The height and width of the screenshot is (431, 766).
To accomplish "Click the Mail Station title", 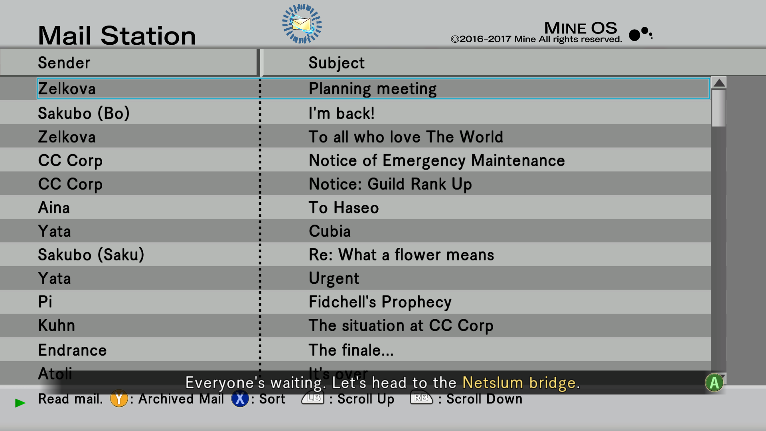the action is click(x=117, y=36).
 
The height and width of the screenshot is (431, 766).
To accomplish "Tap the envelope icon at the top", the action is click(x=302, y=24).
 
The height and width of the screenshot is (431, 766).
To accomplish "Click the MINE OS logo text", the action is click(x=580, y=28).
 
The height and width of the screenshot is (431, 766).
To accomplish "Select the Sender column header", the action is click(x=64, y=63).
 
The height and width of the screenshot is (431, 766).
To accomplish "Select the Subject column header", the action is click(x=336, y=63).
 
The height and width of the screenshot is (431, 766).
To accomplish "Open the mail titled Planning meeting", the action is click(x=373, y=89).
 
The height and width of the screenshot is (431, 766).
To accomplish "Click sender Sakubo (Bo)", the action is click(x=84, y=113).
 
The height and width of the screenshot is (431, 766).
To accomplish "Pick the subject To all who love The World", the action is click(x=406, y=137).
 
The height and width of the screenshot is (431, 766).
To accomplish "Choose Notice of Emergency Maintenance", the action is click(x=437, y=161).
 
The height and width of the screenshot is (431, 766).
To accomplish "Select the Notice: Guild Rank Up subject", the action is click(x=390, y=184).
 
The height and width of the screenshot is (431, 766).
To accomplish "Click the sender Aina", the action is click(x=54, y=208).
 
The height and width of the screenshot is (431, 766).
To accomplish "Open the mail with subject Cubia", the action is click(x=330, y=231).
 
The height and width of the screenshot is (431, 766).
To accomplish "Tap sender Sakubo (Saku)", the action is click(x=91, y=255).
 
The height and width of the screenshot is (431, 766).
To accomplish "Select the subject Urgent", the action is click(x=334, y=279).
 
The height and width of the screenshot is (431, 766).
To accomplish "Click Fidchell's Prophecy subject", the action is click(x=380, y=302).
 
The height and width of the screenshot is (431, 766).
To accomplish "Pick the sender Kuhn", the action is click(x=57, y=325).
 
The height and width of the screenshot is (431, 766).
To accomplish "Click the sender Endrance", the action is click(x=73, y=350).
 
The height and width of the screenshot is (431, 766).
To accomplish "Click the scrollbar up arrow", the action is click(x=719, y=83).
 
